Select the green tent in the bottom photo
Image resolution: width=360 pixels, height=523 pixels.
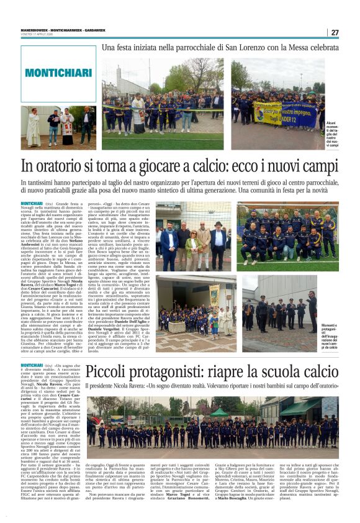(219, 412)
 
